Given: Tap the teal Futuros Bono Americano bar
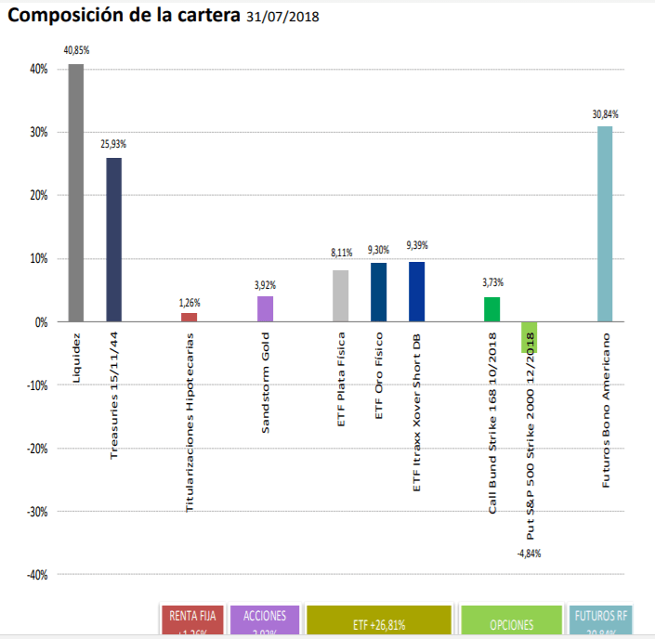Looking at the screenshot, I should point(605,224).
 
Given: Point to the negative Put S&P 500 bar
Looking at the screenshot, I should point(530,337).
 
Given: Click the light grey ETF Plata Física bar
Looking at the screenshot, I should point(340,296).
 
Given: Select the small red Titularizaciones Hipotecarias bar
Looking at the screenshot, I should point(190,318).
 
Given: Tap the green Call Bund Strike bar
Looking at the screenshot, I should point(491,309).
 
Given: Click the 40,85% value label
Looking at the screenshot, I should point(75,51).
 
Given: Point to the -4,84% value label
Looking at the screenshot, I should point(528,554).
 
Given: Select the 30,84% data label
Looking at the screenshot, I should point(605,114).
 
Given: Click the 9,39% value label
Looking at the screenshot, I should point(417,245).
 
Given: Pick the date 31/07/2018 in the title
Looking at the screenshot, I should point(283,17).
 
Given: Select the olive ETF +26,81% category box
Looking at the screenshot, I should point(378,621).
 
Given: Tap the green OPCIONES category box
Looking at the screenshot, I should point(511,621).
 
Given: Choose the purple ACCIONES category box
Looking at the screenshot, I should point(264,620).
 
